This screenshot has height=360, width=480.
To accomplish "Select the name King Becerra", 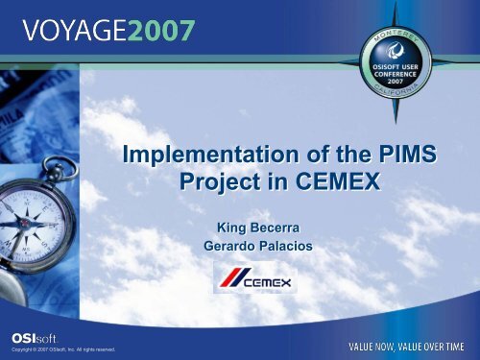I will pos(254,229).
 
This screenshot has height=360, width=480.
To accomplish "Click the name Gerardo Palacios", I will pos(254,247).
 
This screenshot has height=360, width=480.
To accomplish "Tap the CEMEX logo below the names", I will pos(253,281).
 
